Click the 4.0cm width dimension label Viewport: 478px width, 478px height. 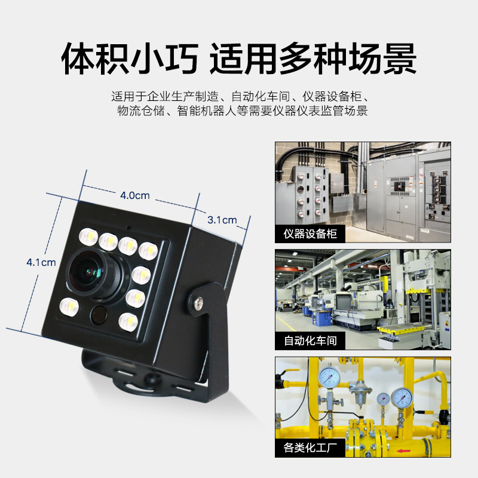(x=135, y=195)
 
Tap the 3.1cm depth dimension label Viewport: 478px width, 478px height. (x=222, y=220)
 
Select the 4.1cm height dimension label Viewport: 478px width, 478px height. (x=41, y=262)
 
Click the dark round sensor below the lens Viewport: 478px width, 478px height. (x=99, y=314)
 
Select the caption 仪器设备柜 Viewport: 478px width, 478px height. (x=310, y=234)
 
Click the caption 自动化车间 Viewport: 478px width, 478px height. (x=310, y=341)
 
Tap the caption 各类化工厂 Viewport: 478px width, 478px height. (x=310, y=448)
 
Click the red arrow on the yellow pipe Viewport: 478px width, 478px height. (x=404, y=451)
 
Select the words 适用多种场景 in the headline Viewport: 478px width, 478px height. (x=313, y=59)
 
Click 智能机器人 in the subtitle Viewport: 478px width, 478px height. (x=207, y=111)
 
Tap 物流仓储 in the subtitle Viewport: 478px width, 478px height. (x=141, y=111)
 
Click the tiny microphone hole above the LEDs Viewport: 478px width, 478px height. (x=129, y=228)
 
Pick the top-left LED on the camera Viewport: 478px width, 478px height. (x=88, y=237)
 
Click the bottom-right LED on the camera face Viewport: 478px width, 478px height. (x=128, y=321)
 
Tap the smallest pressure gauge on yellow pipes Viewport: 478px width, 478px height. (x=383, y=399)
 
